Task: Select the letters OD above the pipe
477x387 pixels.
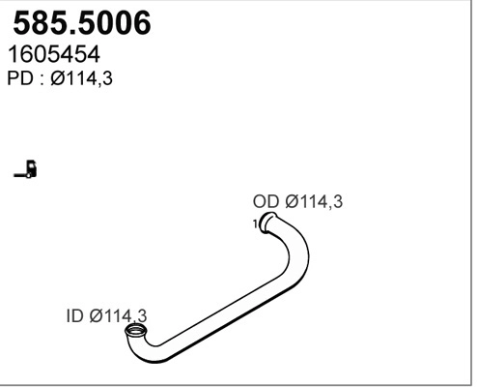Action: (266, 202)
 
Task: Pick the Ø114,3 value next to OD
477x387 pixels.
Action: (314, 202)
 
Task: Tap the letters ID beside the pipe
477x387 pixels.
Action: (76, 316)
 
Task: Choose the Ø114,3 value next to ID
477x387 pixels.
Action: (121, 316)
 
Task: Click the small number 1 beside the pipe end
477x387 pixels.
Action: (255, 224)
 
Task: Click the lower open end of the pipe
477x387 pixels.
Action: (136, 335)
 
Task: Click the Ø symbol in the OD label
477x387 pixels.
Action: (291, 202)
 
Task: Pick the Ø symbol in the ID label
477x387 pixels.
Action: (98, 316)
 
